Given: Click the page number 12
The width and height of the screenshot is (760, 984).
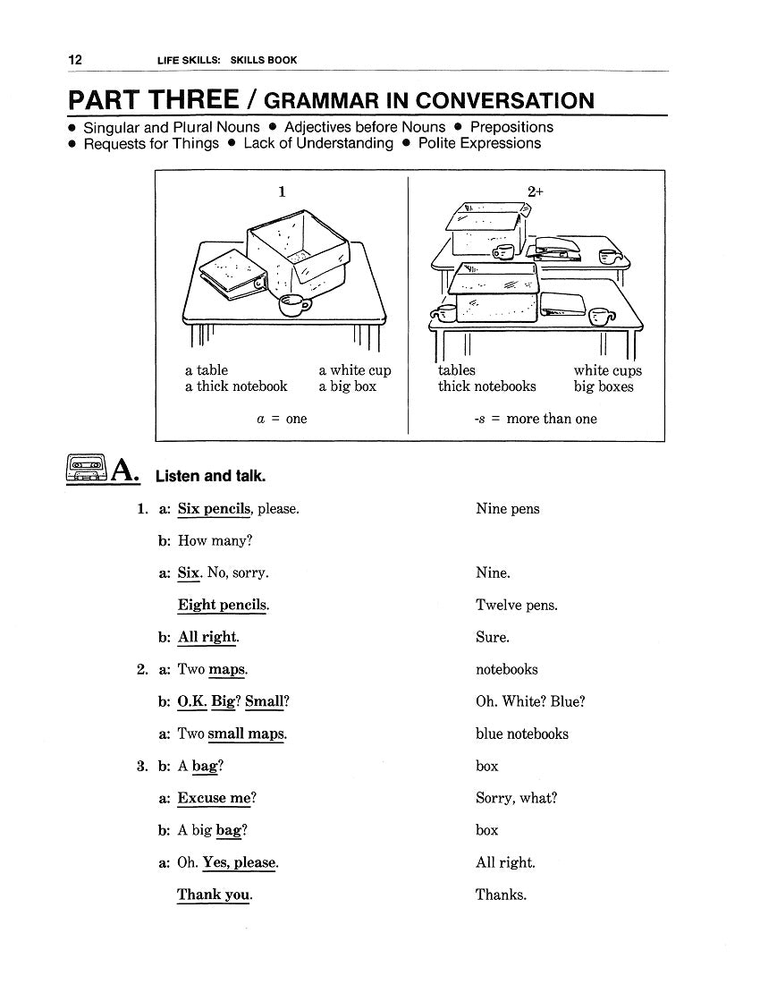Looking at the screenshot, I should pyautogui.click(x=75, y=60).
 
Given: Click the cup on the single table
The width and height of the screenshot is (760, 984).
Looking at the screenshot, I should pyautogui.click(x=294, y=305).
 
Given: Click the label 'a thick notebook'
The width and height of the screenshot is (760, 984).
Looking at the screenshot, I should pyautogui.click(x=236, y=386).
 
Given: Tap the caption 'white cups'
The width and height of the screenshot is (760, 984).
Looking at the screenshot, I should pyautogui.click(x=607, y=370).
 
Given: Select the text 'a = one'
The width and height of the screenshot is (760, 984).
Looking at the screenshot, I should pyautogui.click(x=282, y=419).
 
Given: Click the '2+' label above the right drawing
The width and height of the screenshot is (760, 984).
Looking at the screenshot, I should pyautogui.click(x=536, y=191).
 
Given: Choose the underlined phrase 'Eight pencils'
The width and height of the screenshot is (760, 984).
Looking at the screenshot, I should pyautogui.click(x=223, y=605).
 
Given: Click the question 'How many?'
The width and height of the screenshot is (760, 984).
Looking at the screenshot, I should pyautogui.click(x=215, y=540).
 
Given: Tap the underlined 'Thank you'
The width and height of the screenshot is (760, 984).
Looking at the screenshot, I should pyautogui.click(x=214, y=895).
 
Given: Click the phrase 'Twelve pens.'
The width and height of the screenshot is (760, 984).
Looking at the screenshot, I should pyautogui.click(x=517, y=606).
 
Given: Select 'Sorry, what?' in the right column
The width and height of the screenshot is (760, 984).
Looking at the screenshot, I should pyautogui.click(x=516, y=798).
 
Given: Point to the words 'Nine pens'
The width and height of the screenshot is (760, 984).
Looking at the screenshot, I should pyautogui.click(x=508, y=509).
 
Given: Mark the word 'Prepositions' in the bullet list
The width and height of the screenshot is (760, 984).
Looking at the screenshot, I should pyautogui.click(x=511, y=127).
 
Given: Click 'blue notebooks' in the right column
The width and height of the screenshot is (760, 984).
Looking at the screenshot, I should pyautogui.click(x=522, y=734).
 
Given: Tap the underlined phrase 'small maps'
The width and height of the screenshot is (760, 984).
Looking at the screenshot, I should pyautogui.click(x=247, y=734).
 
